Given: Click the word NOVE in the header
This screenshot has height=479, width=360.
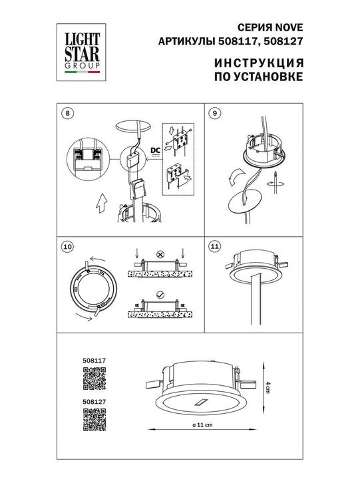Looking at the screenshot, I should tap(291, 27).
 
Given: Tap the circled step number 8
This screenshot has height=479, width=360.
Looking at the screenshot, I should tap(65, 112).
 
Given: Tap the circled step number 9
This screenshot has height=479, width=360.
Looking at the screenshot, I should tap(214, 112).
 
